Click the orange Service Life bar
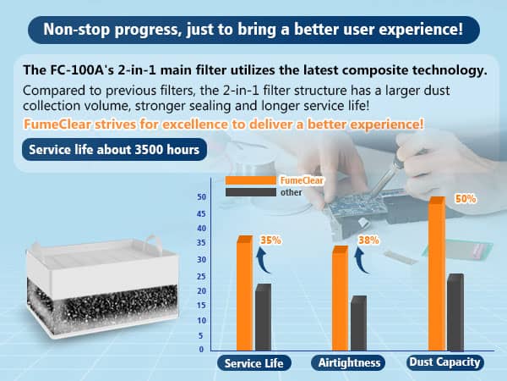(244, 294)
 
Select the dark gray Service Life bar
(263, 317)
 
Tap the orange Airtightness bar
(339, 298)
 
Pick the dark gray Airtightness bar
(358, 323)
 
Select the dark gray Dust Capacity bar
(455, 312)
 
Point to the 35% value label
(270, 240)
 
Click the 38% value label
(368, 240)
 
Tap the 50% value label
(466, 199)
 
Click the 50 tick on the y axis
(200, 197)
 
